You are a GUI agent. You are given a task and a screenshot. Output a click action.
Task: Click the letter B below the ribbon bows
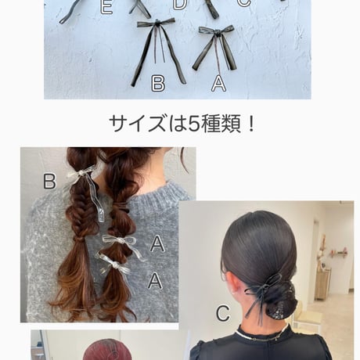tap(158, 83)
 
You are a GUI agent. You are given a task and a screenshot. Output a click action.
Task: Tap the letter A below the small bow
tap(218, 83)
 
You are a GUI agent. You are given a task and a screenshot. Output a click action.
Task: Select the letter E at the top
tap(106, 7)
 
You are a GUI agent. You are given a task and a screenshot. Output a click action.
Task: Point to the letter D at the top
tap(180, 5)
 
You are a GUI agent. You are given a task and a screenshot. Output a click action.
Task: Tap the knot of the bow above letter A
tap(217, 33)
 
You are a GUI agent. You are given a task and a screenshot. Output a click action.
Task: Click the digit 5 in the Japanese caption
tap(195, 124)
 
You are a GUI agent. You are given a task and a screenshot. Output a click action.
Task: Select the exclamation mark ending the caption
tap(251, 124)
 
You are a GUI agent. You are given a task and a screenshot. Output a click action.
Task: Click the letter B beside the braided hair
tap(49, 181)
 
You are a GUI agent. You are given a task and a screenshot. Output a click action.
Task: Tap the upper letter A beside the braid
tap(157, 243)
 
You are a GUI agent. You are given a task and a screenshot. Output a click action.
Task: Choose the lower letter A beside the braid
tap(155, 280)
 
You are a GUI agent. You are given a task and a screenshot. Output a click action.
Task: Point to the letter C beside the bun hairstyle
tap(223, 313)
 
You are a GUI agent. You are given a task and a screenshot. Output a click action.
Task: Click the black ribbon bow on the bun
tap(265, 288)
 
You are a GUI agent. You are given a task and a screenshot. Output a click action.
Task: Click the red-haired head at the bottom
tap(106, 350)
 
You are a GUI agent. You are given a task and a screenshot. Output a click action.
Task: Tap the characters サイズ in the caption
tap(138, 124)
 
